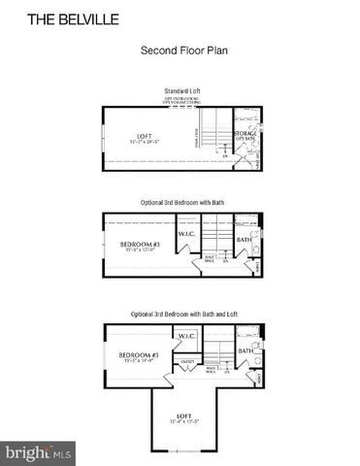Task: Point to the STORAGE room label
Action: (x=245, y=133)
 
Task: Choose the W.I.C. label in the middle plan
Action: (x=187, y=234)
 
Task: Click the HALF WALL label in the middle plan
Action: (x=209, y=257)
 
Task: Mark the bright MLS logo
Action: (x=40, y=451)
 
